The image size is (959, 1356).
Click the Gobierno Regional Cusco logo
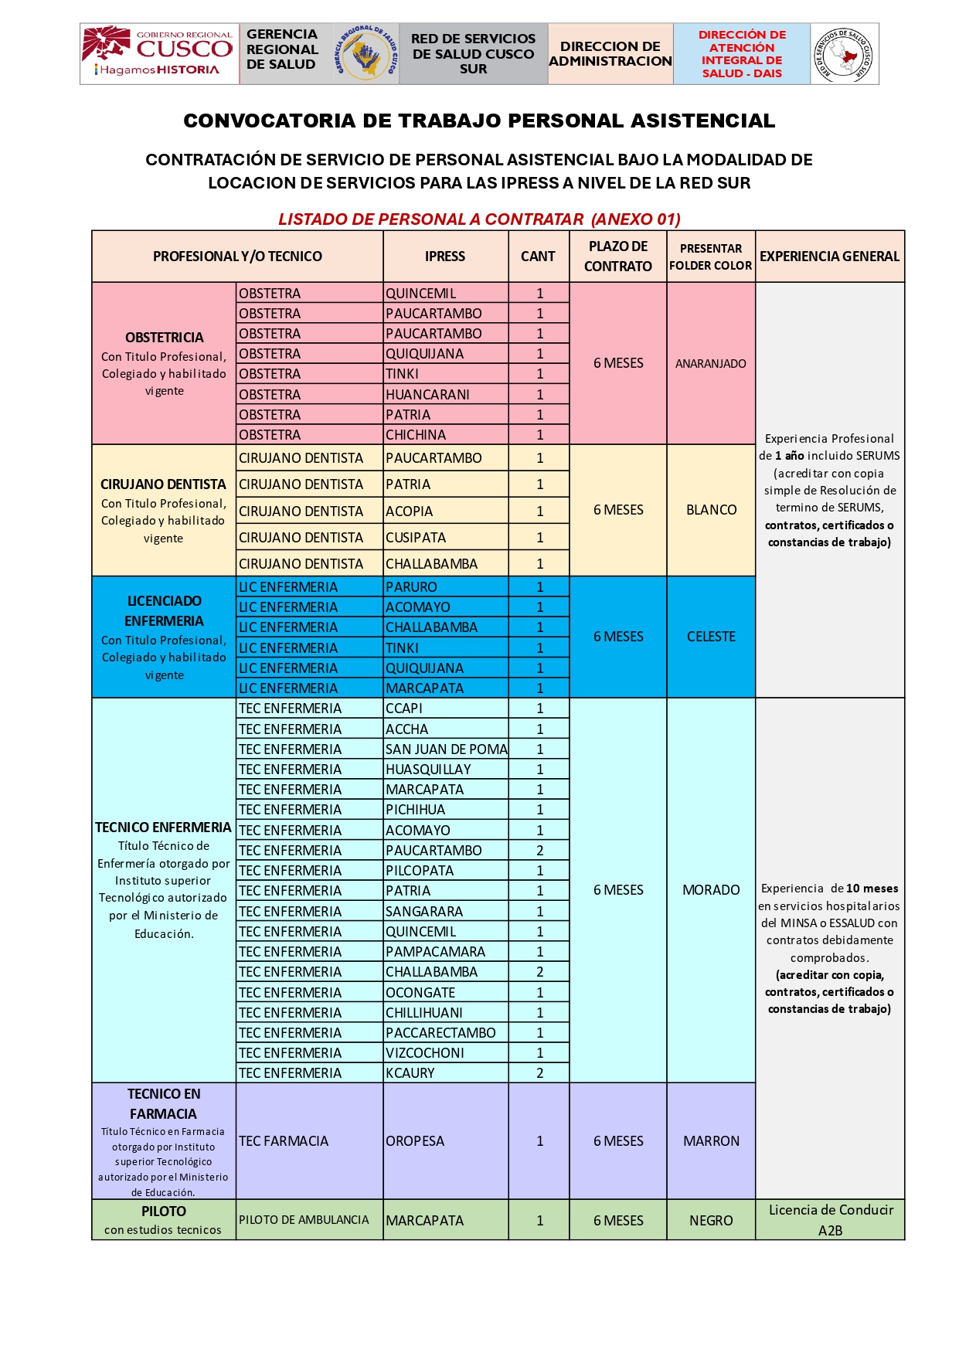pos(159,53)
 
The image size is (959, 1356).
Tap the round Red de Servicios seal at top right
pos(845,54)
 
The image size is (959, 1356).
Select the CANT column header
pos(538,257)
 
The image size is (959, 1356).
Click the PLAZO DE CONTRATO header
pos(617,257)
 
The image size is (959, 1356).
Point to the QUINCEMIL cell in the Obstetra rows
pos(421,294)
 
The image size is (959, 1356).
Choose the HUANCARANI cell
pos(427,395)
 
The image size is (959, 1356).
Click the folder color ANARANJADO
pos(710,364)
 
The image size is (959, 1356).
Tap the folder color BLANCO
pos(711,510)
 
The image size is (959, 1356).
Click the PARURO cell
pos(411,587)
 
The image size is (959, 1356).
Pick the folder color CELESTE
pos(711,637)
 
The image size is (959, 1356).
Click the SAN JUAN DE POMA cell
pos(446,749)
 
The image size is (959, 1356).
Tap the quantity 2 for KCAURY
pos(539,1073)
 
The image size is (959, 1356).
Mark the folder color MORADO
pos(711,890)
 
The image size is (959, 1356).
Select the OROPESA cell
pos(415,1141)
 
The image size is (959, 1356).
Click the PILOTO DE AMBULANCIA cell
pos(304,1220)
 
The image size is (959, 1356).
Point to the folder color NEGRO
pos(711,1221)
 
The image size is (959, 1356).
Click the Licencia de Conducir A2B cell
pos(830,1220)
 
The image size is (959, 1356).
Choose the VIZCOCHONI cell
pos(425,1053)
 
